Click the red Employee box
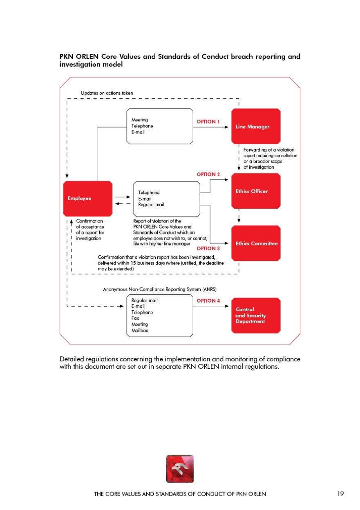[88, 198]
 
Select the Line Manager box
[256, 126]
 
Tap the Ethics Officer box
[256, 191]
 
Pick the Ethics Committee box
[256, 243]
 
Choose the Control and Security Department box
[256, 316]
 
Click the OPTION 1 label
[208, 122]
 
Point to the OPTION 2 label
[208, 174]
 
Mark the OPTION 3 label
[208, 248]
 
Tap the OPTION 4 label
[208, 301]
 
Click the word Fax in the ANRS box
[135, 318]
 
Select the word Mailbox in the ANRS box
[140, 330]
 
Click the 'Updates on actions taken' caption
[107, 93]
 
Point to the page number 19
[340, 494]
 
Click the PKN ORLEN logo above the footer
[180, 469]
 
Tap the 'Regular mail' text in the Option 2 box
[151, 205]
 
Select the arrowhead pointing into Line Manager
[226, 127]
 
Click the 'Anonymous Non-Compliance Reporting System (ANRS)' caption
[160, 289]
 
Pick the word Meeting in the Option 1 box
[139, 120]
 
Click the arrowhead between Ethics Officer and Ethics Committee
[239, 220]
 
